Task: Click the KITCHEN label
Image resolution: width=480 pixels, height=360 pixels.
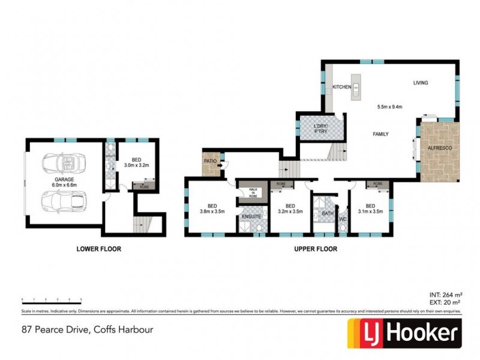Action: (341, 88)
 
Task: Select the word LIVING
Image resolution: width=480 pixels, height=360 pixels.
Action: (420, 83)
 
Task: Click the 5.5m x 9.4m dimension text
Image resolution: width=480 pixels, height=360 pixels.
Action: (389, 107)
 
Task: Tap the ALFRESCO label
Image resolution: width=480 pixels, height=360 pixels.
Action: (439, 147)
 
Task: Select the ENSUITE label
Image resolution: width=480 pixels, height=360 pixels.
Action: (251, 216)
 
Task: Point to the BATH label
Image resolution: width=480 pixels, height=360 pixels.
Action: (327, 213)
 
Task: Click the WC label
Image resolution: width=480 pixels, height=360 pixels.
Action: (343, 219)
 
